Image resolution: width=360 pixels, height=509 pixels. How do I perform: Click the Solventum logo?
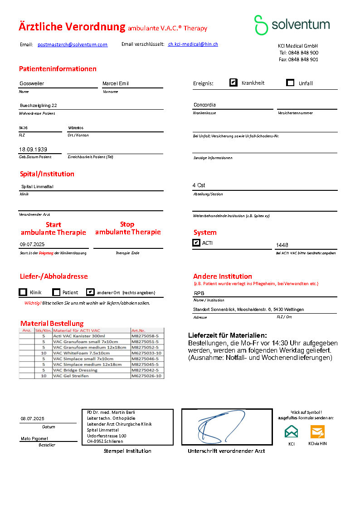point(292,25)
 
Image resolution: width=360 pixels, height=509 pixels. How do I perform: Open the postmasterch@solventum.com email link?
point(73,44)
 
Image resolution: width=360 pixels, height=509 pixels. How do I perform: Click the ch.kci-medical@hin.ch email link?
point(193,44)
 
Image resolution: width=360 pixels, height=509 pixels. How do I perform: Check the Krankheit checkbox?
point(234,82)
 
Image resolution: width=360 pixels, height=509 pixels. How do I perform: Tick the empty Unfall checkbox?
point(290,82)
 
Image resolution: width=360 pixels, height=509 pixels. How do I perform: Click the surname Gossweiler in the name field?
point(32,83)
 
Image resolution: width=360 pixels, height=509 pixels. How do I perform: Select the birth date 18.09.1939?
point(33,150)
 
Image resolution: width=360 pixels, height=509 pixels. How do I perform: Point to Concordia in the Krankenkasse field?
point(204,105)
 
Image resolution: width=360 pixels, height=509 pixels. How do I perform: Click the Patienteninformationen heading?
point(58,69)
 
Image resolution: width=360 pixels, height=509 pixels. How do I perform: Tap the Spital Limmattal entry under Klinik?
point(38,187)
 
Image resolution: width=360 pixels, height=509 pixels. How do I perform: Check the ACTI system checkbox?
point(196,243)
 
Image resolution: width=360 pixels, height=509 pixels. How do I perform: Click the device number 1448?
point(282,245)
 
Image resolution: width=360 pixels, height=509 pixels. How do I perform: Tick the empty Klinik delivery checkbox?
point(23,292)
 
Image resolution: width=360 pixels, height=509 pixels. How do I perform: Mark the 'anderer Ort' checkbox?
point(90,292)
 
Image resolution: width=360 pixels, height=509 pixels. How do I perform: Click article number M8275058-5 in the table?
point(146,336)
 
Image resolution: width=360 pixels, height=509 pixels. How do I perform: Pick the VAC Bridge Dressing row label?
point(75,370)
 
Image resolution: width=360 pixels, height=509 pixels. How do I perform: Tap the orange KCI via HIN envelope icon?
point(317,431)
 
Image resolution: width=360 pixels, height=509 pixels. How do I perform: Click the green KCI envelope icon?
point(292,431)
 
